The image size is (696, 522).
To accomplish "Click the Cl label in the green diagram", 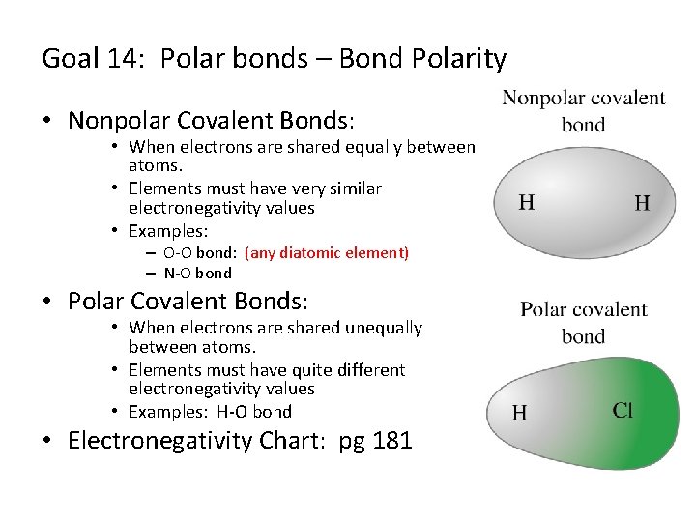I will pos(623,411).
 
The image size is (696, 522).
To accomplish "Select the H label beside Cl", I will pos(519,413).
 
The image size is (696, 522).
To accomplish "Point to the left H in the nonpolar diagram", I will pos(527,202).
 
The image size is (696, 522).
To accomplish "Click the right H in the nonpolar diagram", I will pos(642,203).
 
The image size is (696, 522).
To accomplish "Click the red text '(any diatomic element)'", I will pos(327,253).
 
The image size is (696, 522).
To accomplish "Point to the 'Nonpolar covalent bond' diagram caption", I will pos(583,110).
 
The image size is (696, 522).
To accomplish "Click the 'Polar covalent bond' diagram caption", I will pos(583,322).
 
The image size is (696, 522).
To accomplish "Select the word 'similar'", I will pos(349,188).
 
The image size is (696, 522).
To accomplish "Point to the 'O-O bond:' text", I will pos(200,253).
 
